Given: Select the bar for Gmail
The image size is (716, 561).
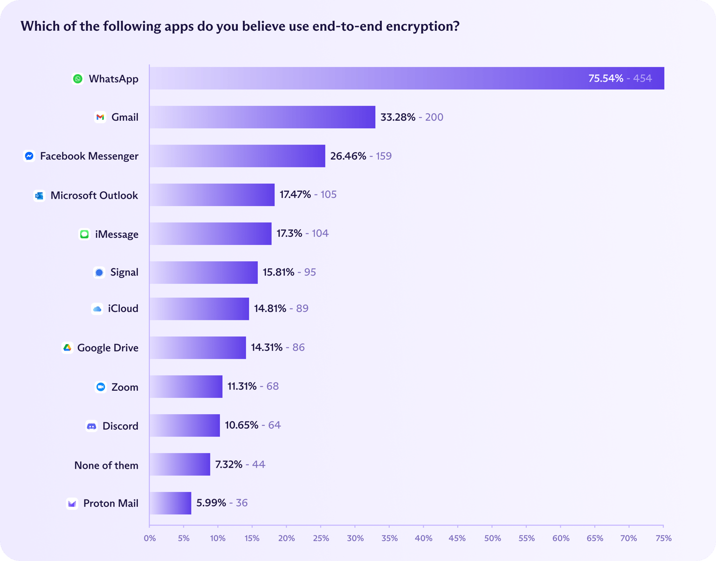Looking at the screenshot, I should click(x=262, y=117).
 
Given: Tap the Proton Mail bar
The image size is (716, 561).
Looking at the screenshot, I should click(x=171, y=503).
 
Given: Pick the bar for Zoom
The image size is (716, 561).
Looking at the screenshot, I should click(x=186, y=387).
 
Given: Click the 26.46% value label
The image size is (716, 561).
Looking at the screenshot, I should click(x=348, y=156).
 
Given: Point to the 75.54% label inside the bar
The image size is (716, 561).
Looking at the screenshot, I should click(x=606, y=78).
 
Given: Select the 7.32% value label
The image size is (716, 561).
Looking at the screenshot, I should click(x=228, y=464).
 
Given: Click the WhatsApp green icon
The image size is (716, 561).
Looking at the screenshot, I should click(x=78, y=79).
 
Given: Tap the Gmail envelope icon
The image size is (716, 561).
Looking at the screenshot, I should click(x=100, y=117).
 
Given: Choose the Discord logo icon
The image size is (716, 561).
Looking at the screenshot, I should click(x=91, y=426).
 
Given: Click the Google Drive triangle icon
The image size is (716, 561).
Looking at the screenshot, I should click(x=67, y=348).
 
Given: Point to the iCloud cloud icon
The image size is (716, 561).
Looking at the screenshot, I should click(x=97, y=309).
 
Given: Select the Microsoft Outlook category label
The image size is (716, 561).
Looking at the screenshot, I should click(x=94, y=195).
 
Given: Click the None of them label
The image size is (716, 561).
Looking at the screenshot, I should click(x=106, y=465).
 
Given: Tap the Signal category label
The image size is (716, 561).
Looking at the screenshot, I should click(x=124, y=272).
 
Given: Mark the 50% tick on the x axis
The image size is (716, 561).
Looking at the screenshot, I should click(x=492, y=538).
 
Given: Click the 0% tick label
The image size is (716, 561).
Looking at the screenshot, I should click(x=150, y=538).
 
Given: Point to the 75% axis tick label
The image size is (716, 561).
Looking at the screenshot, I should click(x=663, y=538).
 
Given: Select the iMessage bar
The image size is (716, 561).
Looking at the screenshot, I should click(x=211, y=234).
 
